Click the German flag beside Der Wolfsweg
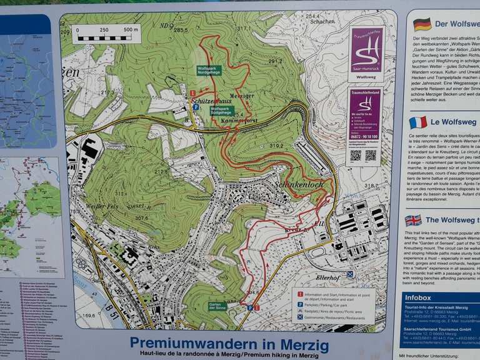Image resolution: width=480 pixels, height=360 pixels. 422,24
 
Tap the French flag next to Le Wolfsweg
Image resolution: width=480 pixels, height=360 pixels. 418,122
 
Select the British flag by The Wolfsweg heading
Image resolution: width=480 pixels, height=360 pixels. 413,220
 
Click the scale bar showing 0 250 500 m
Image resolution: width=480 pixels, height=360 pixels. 106,34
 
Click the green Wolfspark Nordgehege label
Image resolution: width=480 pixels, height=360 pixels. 209,70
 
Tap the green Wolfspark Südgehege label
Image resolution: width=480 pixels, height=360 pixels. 222,110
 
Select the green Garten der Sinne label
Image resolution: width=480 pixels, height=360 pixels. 218,306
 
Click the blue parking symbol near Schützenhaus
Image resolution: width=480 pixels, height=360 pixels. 196,107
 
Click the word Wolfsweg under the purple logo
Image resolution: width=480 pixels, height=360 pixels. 366,77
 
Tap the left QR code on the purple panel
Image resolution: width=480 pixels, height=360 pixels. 356,155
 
